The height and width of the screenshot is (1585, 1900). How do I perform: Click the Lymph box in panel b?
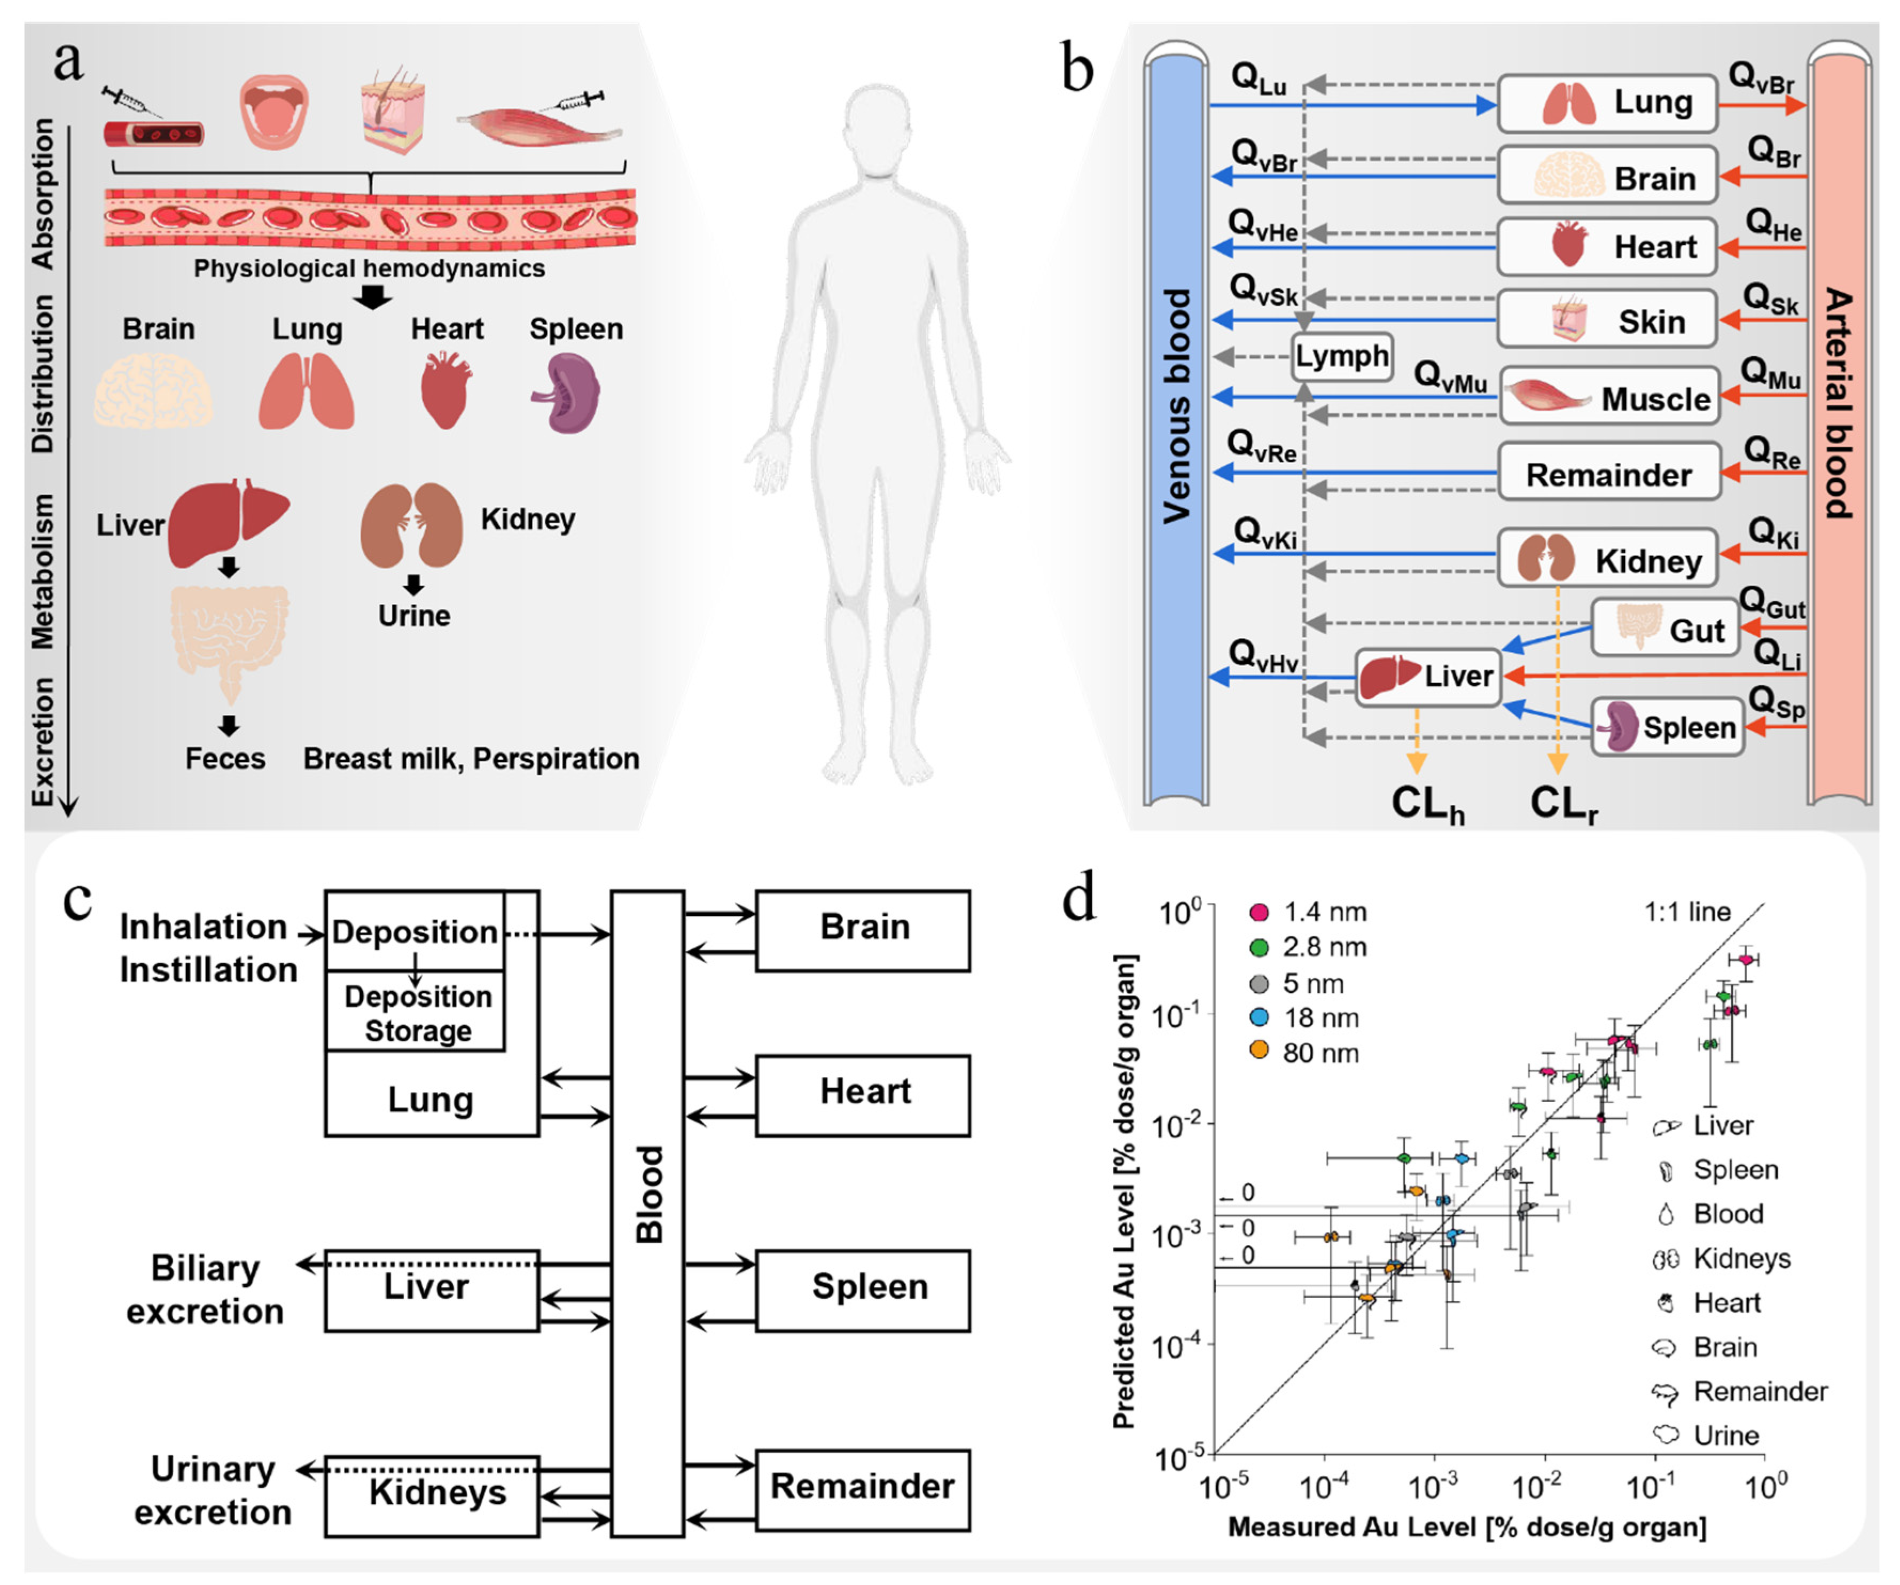tap(1341, 356)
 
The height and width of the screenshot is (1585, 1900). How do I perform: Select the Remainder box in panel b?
tap(1609, 474)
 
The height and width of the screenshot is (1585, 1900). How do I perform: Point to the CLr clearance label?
tap(1563, 803)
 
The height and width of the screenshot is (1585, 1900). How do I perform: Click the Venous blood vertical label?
tap(1176, 407)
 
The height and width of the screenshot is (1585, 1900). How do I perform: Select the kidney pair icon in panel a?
tap(412, 525)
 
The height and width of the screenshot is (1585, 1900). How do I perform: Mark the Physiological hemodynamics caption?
tap(369, 269)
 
